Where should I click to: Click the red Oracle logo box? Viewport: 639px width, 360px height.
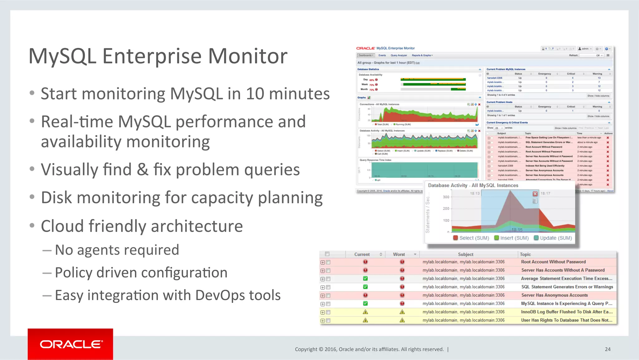click(70, 344)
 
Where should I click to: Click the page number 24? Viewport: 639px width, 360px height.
click(607, 349)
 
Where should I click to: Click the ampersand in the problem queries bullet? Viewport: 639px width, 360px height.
click(142, 170)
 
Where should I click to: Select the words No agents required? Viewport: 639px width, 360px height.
click(117, 250)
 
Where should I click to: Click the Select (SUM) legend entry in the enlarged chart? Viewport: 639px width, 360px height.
click(471, 238)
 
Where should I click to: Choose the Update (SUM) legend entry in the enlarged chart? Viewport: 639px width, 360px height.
click(553, 238)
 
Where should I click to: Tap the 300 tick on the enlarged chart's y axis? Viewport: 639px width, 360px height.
click(446, 197)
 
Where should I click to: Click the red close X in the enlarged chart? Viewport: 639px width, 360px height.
click(535, 194)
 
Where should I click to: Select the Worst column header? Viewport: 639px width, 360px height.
click(399, 254)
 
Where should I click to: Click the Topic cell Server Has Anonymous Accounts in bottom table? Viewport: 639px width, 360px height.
click(554, 295)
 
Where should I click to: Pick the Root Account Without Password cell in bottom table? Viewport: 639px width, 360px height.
click(553, 262)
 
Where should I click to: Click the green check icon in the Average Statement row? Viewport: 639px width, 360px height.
click(365, 279)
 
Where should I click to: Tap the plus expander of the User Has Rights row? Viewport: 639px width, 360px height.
click(323, 321)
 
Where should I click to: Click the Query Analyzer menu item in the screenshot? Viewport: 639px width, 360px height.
click(399, 55)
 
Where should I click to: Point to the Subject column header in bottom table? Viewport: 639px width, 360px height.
click(466, 254)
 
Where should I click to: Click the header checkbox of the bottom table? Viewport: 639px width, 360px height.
click(327, 254)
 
